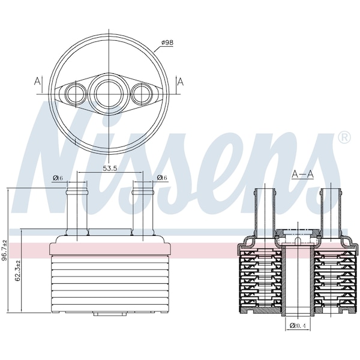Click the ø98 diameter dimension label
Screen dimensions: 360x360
167,43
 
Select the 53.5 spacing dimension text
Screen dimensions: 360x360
110,168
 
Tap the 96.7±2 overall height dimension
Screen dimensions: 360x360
4,250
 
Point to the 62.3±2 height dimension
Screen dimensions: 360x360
17,271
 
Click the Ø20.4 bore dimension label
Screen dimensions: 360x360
298,325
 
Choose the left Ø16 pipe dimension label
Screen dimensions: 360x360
58,178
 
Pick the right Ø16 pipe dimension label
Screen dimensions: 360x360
162,178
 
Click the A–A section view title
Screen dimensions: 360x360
302,175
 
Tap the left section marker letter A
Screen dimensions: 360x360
37,81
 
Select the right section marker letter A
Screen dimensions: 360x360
181,82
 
